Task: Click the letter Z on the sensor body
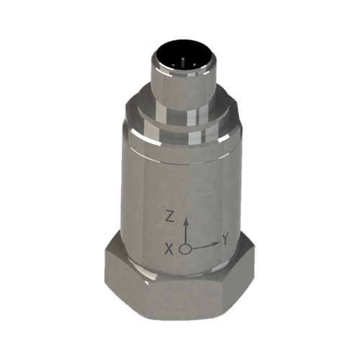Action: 170,217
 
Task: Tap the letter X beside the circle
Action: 169,250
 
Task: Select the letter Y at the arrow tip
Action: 225,240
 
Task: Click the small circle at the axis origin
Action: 185,249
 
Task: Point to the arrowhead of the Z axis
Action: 185,221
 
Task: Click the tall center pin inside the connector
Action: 183,61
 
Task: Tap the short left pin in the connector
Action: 173,65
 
